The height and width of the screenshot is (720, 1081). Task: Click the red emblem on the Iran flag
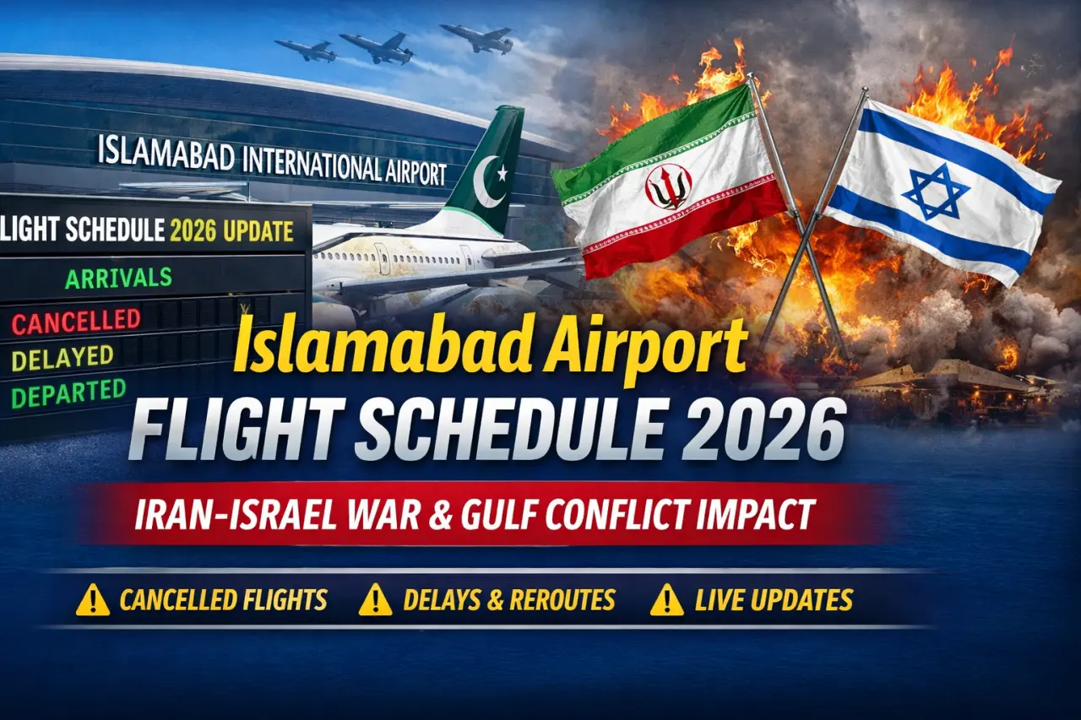668,187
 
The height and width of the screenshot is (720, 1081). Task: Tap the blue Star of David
936,192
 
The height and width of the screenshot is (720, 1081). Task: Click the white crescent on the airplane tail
488,182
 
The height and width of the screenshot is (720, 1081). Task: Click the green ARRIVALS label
118,278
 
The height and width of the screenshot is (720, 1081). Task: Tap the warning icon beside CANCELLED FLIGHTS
93,600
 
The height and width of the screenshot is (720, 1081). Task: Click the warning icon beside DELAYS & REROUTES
375,600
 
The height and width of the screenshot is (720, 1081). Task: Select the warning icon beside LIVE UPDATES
666,600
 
